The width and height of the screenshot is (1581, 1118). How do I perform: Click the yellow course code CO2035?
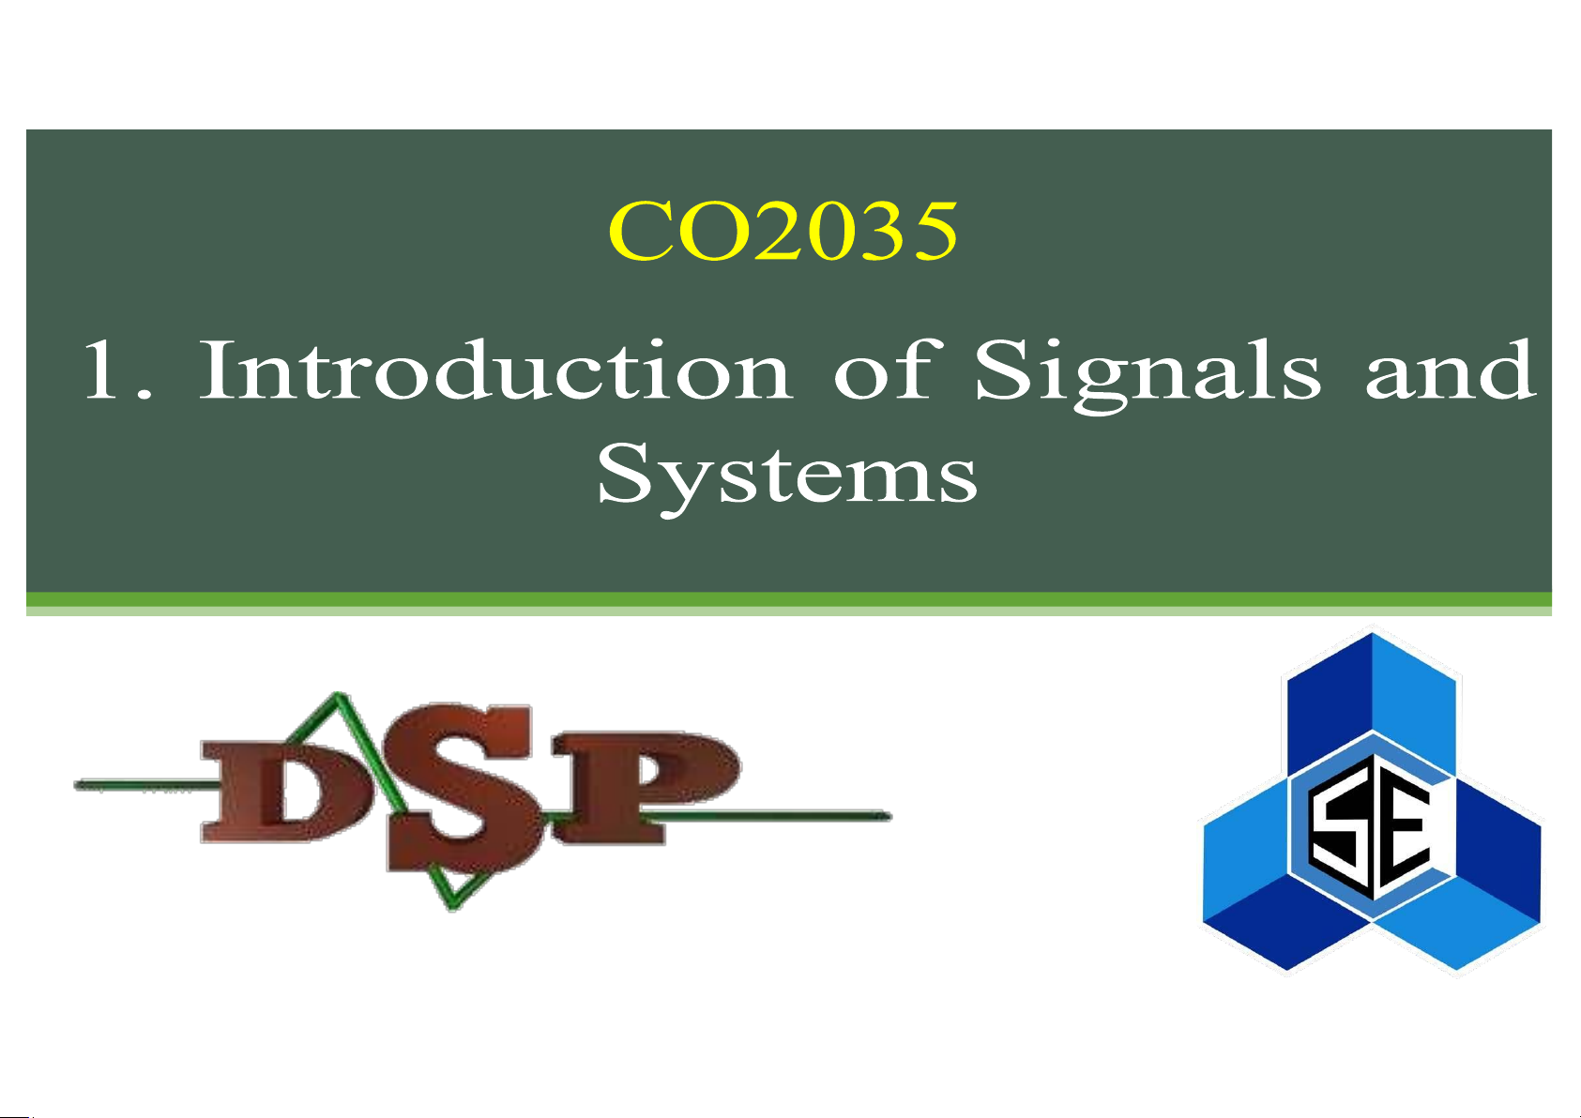point(783,231)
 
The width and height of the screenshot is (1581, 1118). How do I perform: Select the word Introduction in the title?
point(494,370)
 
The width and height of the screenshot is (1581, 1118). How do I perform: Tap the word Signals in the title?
point(1148,375)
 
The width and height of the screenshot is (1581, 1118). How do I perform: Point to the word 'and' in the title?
point(1450,370)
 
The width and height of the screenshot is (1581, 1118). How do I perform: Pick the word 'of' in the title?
point(888,369)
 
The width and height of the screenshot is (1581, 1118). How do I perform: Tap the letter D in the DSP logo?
point(282,791)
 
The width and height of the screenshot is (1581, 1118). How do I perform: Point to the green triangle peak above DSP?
point(339,696)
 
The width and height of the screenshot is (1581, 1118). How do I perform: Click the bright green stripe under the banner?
point(789,598)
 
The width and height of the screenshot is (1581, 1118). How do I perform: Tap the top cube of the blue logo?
point(1372,704)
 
